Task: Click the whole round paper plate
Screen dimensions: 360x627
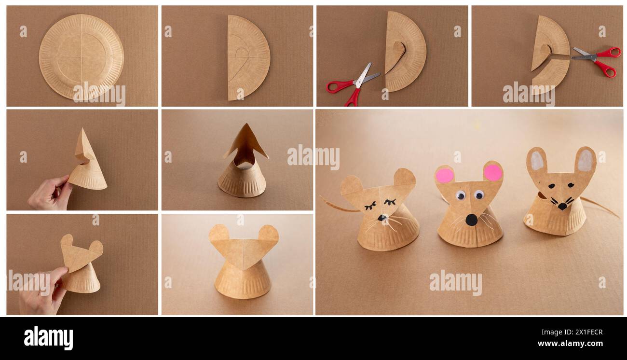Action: click(x=81, y=56)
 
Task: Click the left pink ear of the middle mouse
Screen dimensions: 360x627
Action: click(x=444, y=175)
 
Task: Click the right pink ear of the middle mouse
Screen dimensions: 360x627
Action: click(x=492, y=172)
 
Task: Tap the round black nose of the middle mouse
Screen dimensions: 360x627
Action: click(x=471, y=220)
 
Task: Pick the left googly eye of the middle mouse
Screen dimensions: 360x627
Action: click(x=460, y=195)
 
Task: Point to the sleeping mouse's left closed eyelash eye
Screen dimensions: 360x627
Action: click(x=370, y=206)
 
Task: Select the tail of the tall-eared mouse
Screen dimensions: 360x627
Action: click(x=600, y=207)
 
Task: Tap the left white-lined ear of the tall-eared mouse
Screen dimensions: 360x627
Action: click(x=536, y=161)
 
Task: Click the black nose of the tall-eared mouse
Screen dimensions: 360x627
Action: click(x=562, y=206)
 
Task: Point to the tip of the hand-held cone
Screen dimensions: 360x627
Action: click(x=82, y=130)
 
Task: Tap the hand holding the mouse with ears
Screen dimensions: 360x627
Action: click(x=41, y=292)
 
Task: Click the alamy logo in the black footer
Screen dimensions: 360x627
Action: click(x=48, y=338)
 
